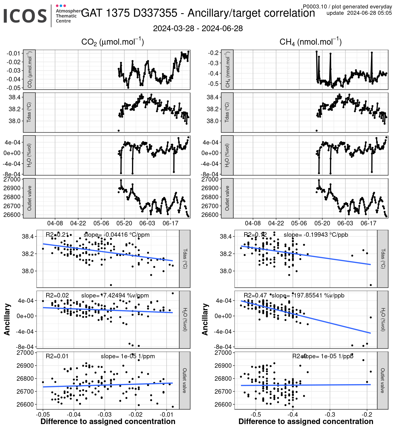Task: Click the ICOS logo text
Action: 25,16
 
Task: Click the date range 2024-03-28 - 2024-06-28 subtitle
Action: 198,28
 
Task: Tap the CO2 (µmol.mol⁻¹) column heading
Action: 112,42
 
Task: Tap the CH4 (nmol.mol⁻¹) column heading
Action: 310,42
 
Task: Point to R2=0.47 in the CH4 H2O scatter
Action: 255,295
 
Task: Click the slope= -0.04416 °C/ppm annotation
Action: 116,235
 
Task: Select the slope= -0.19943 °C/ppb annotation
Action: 316,235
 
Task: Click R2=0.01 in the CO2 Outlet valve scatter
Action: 57,356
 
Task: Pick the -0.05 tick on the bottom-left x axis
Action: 43,413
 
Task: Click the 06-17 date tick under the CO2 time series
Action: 170,223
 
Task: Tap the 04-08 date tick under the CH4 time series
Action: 253,223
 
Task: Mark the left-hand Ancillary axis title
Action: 7,319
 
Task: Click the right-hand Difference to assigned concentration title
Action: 306,421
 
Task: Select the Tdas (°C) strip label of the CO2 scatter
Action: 185,259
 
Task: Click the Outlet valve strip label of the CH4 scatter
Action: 383,380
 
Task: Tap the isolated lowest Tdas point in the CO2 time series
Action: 119,131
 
